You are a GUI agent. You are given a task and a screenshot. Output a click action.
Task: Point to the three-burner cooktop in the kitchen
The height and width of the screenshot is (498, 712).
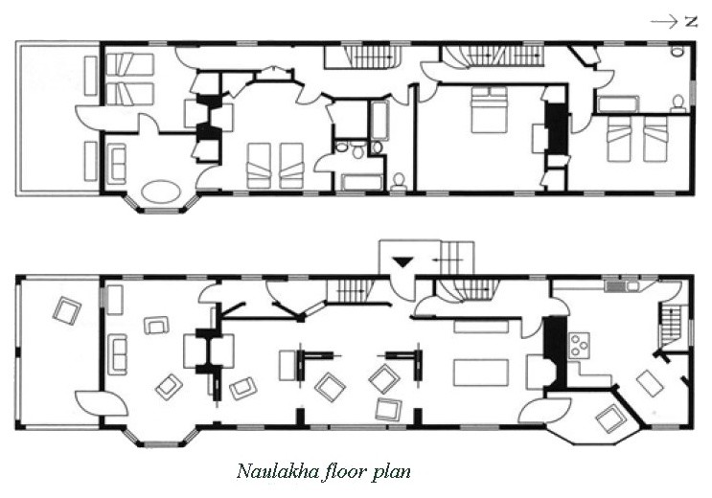(580, 344)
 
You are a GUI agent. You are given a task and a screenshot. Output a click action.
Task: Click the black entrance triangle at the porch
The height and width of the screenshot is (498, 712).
(402, 261)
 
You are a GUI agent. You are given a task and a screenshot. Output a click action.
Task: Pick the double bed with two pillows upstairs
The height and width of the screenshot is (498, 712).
(489, 109)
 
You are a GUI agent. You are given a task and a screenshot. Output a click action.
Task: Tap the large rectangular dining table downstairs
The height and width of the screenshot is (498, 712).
(481, 373)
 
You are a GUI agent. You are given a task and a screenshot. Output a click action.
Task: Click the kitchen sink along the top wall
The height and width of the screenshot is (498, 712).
(622, 286)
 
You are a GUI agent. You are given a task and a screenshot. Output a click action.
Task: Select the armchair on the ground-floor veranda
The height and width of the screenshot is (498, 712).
(67, 310)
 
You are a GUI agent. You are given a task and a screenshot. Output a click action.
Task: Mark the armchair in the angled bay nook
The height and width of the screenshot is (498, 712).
(611, 419)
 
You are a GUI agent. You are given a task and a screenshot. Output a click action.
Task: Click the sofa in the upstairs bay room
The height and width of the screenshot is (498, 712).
(116, 164)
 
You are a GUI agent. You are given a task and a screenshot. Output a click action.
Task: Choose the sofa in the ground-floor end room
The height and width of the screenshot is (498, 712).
(117, 354)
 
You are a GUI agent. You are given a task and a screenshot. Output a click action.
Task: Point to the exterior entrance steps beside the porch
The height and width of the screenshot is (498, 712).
(458, 258)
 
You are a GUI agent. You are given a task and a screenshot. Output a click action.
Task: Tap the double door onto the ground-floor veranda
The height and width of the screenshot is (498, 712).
(101, 402)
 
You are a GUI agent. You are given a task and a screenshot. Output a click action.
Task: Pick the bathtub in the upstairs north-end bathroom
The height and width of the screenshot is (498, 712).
(618, 104)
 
